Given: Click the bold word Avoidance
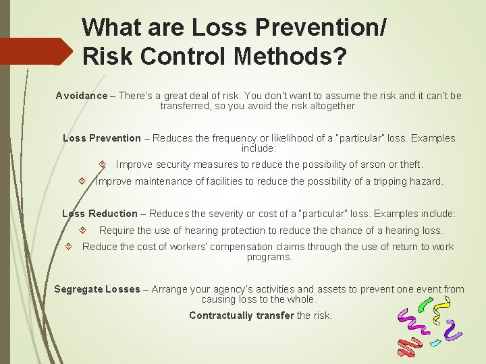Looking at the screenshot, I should tap(81, 96).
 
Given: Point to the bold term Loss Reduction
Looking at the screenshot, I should tap(100, 214).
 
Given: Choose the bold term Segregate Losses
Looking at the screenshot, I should tap(97, 289).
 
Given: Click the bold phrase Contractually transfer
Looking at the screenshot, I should tap(242, 315).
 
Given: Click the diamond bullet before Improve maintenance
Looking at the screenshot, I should tap(81, 181).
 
